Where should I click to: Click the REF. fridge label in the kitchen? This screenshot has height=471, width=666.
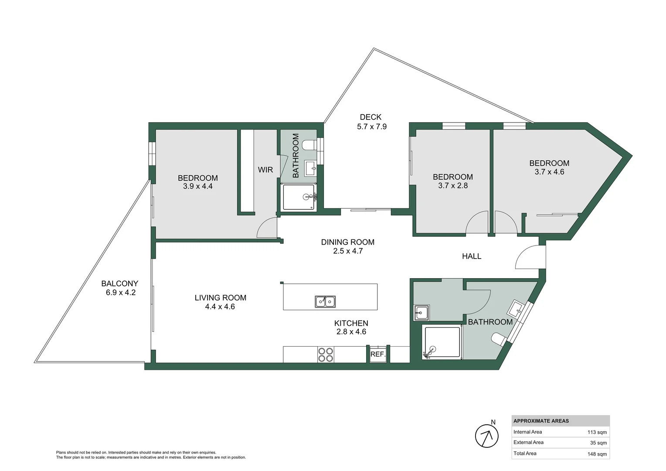click(378, 355)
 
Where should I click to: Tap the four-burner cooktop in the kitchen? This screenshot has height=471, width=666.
click(326, 355)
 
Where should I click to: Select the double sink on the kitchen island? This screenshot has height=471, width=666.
click(325, 302)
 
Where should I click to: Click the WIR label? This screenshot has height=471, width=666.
click(265, 170)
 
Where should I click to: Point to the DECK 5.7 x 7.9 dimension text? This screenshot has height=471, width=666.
click(372, 127)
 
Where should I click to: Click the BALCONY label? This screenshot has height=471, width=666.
click(120, 283)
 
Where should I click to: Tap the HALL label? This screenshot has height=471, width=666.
click(472, 256)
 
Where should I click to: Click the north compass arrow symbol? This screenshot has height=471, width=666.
click(487, 436)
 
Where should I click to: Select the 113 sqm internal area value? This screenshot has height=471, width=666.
click(597, 432)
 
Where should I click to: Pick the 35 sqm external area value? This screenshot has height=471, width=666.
click(598, 443)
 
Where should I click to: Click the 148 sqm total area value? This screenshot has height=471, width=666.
click(597, 454)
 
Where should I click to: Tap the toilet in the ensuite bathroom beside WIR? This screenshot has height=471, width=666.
click(309, 145)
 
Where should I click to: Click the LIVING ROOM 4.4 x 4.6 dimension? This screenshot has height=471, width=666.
click(220, 307)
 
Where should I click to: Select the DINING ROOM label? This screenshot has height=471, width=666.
click(347, 242)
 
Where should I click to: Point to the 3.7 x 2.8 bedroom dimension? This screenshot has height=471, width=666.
click(453, 186)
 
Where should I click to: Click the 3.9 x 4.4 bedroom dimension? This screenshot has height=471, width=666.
click(198, 186)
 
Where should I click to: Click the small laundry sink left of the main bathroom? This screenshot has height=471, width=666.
click(421, 313)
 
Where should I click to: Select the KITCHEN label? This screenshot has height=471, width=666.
click(351, 323)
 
